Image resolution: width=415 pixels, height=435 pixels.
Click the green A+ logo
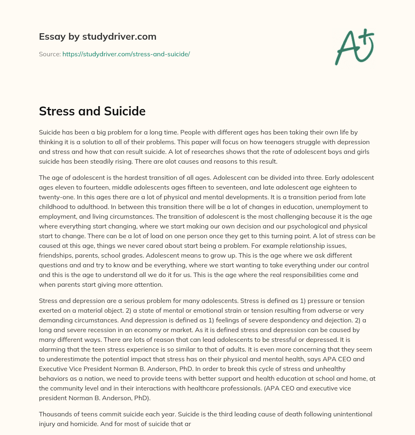355,47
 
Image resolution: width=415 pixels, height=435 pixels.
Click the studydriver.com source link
126,54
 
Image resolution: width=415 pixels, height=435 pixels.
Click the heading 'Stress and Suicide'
92,111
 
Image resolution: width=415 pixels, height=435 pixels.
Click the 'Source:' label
50,54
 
